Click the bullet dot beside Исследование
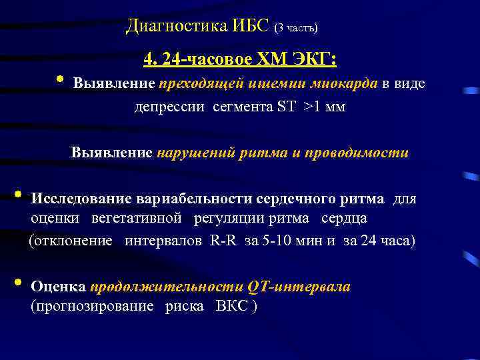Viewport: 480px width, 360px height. click(x=17, y=195)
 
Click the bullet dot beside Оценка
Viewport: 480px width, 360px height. click(x=17, y=283)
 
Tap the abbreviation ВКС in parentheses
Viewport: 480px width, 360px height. click(x=231, y=307)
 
